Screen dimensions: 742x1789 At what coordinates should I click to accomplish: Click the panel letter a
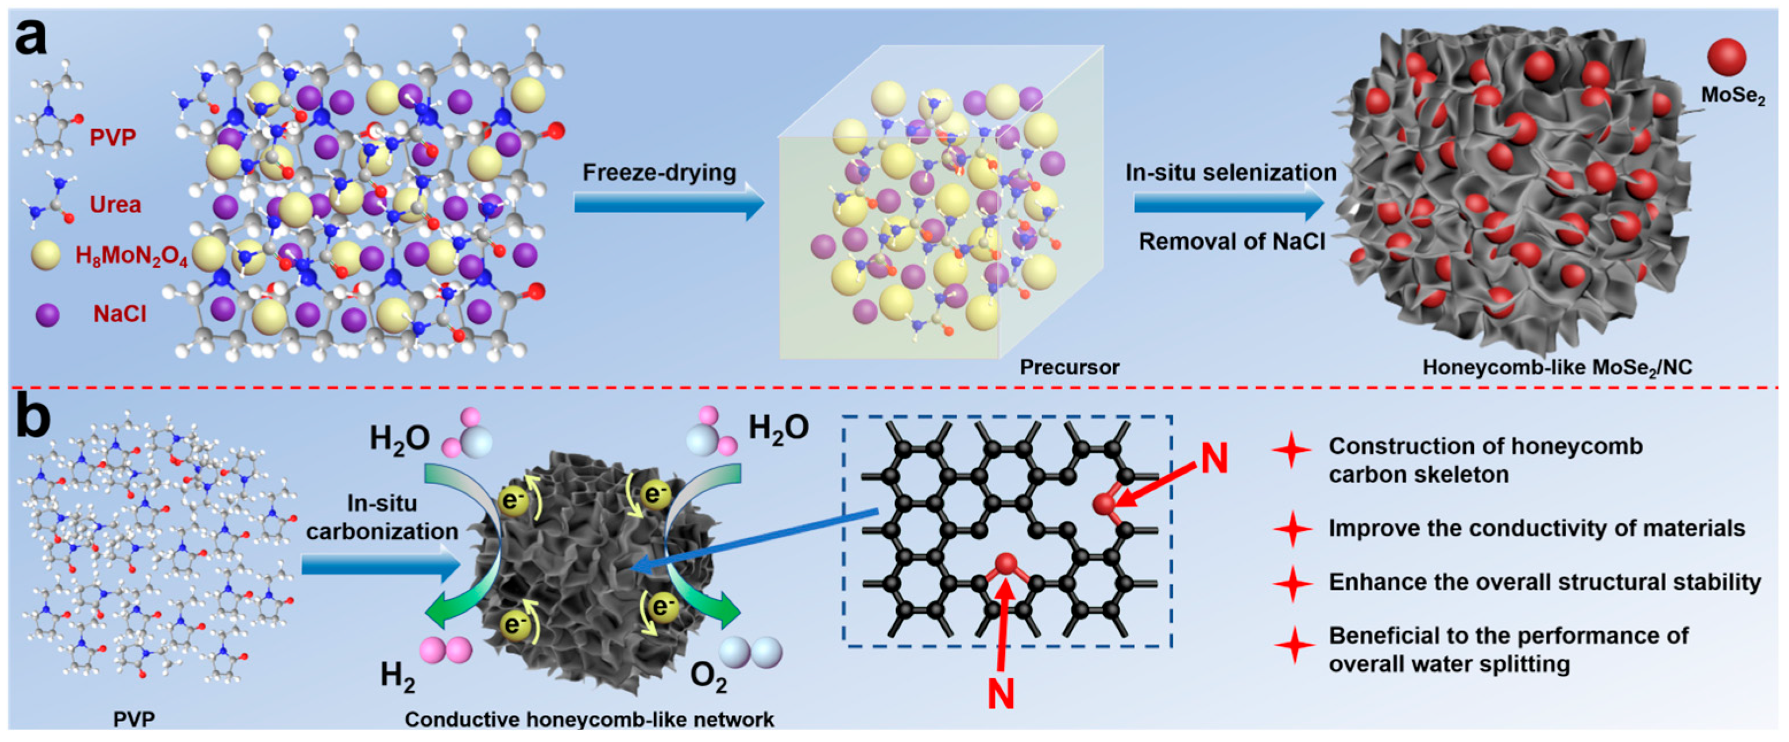pyautogui.click(x=31, y=38)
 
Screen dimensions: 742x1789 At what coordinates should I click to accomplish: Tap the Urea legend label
pyautogui.click(x=115, y=205)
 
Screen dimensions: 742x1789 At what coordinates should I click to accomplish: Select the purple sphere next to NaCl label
pyautogui.click(x=47, y=315)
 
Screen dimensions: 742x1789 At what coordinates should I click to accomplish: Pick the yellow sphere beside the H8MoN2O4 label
pyautogui.click(x=45, y=256)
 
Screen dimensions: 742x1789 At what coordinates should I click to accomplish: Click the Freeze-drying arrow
pyautogui.click(x=668, y=203)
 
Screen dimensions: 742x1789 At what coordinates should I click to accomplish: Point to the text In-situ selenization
pyautogui.click(x=1230, y=172)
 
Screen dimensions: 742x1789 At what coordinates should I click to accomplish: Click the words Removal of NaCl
pyautogui.click(x=1232, y=242)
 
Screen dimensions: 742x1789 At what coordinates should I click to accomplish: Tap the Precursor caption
pyautogui.click(x=1070, y=367)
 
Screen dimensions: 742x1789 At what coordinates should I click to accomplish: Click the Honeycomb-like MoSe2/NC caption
pyautogui.click(x=1557, y=368)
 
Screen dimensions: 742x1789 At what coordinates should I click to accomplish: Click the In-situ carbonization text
pyautogui.click(x=382, y=517)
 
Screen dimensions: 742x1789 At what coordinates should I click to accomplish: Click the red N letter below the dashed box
pyautogui.click(x=1001, y=693)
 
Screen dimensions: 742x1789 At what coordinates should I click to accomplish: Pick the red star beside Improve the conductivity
pyautogui.click(x=1292, y=529)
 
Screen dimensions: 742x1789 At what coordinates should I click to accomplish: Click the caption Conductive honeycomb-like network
pyautogui.click(x=589, y=720)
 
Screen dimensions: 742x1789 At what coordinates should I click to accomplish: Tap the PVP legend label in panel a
pyautogui.click(x=113, y=138)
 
